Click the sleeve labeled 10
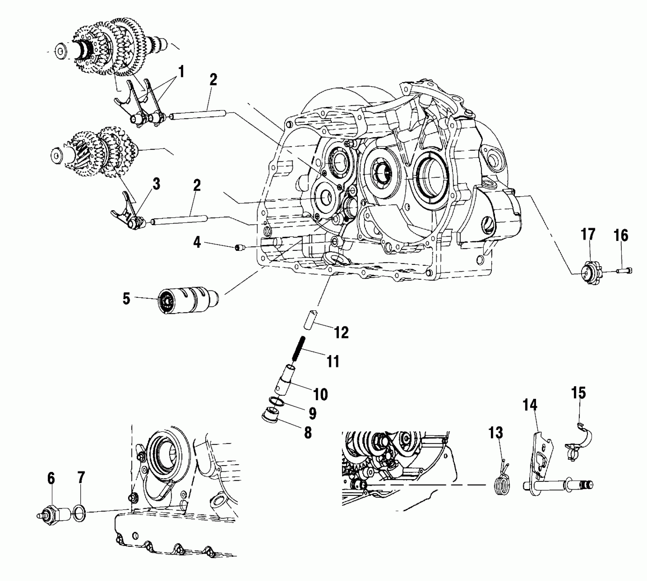coord(285,379)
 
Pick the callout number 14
coord(529,406)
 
